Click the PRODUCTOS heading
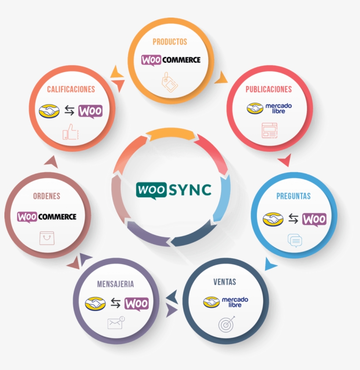click(x=170, y=42)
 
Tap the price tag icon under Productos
click(x=169, y=82)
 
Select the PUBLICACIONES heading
click(x=269, y=89)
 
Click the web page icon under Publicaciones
click(x=270, y=130)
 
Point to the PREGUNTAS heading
click(x=293, y=196)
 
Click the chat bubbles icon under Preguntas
click(x=295, y=240)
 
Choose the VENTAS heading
click(x=225, y=282)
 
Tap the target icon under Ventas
click(x=227, y=324)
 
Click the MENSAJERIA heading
click(x=115, y=284)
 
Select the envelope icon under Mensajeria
click(x=116, y=323)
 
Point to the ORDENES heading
click(x=47, y=196)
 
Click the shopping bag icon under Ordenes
click(x=47, y=238)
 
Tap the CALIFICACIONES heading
click(x=71, y=89)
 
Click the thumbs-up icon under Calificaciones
click(x=71, y=132)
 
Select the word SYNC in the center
click(x=190, y=190)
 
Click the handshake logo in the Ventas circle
click(x=211, y=302)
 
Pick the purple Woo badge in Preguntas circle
click(x=314, y=220)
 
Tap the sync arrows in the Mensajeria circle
click(x=115, y=303)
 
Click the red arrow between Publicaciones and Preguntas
click(x=284, y=160)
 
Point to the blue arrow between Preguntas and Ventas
click(x=270, y=264)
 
